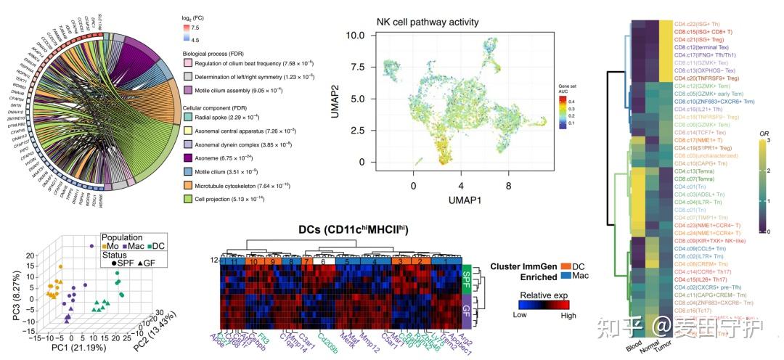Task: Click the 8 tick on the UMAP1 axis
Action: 509,187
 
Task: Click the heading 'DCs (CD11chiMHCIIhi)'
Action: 352,229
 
